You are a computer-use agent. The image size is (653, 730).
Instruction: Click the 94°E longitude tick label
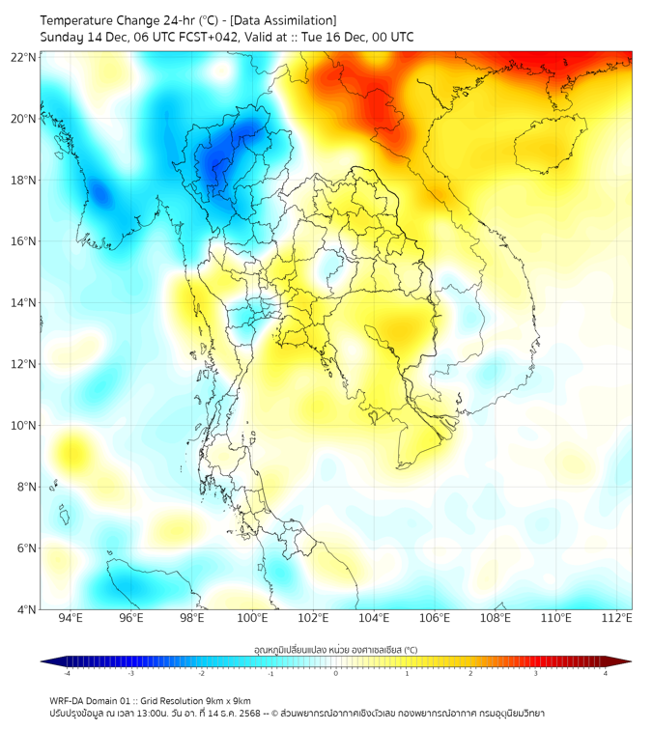[71, 619]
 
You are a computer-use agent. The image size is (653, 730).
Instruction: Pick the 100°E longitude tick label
[253, 619]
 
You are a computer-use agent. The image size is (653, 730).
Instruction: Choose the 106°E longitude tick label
[436, 619]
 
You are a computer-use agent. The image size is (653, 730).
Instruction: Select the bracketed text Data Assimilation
[283, 20]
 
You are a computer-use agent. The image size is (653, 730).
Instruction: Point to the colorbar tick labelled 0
[336, 673]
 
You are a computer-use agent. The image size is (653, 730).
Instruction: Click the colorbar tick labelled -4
[67, 673]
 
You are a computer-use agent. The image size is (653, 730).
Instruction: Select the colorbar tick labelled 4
[606, 673]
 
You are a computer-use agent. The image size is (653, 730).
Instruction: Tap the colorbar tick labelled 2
[470, 673]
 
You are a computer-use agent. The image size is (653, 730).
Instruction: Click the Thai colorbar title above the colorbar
[335, 650]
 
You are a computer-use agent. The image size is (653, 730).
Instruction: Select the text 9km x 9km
[229, 701]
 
